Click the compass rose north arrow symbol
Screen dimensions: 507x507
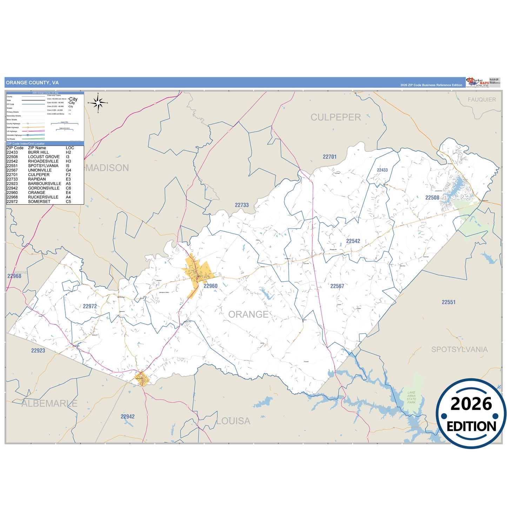[98, 103]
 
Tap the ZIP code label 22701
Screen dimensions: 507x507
[329, 157]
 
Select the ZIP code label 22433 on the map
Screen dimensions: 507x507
[382, 170]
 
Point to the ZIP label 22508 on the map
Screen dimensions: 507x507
[432, 198]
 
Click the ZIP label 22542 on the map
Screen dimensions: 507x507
[353, 241]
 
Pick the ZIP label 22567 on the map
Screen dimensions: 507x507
[337, 286]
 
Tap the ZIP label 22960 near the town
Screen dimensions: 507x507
[211, 286]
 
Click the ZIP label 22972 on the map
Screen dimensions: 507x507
[90, 306]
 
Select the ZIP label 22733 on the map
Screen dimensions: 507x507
[242, 205]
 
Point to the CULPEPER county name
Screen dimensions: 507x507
[335, 117]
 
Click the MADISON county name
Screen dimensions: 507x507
[107, 168]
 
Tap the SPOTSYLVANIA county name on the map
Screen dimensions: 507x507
[459, 349]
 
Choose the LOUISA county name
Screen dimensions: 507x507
[233, 421]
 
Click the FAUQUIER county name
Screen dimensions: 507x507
[482, 100]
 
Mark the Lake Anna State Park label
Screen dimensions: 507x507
[411, 398]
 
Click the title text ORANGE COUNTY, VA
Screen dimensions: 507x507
[32, 83]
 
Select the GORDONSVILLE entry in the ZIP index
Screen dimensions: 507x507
[44, 188]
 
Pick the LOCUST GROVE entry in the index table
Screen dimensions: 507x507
[44, 157]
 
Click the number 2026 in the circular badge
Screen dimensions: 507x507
[471, 404]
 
